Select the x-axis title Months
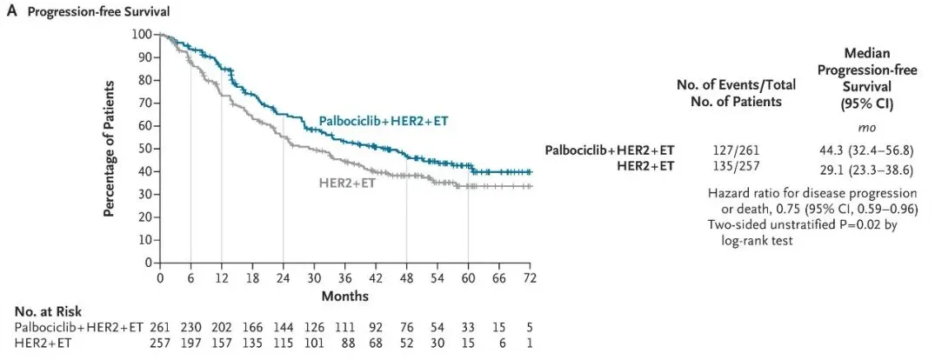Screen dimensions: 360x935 (x=345, y=296)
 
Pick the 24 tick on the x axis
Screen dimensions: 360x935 (x=283, y=278)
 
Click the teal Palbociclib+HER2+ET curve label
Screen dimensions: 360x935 (x=383, y=120)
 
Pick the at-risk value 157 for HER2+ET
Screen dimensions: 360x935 (x=222, y=343)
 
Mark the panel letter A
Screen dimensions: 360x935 (x=11, y=11)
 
